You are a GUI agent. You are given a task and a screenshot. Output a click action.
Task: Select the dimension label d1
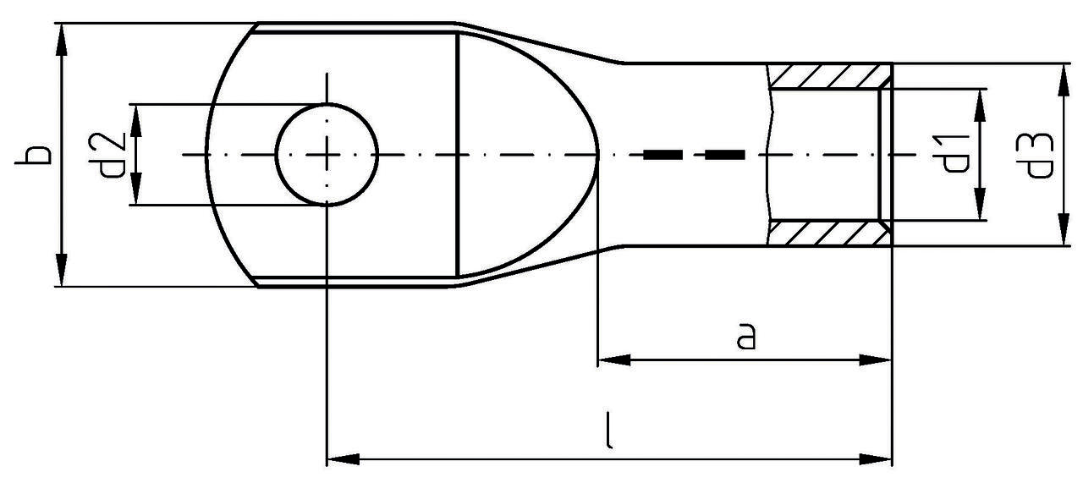click(x=956, y=153)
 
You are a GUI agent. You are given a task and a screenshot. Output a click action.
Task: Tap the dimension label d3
click(x=1039, y=155)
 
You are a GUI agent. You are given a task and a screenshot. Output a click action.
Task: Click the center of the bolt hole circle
click(x=327, y=155)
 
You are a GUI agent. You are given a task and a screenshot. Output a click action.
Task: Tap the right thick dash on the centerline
click(x=724, y=155)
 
